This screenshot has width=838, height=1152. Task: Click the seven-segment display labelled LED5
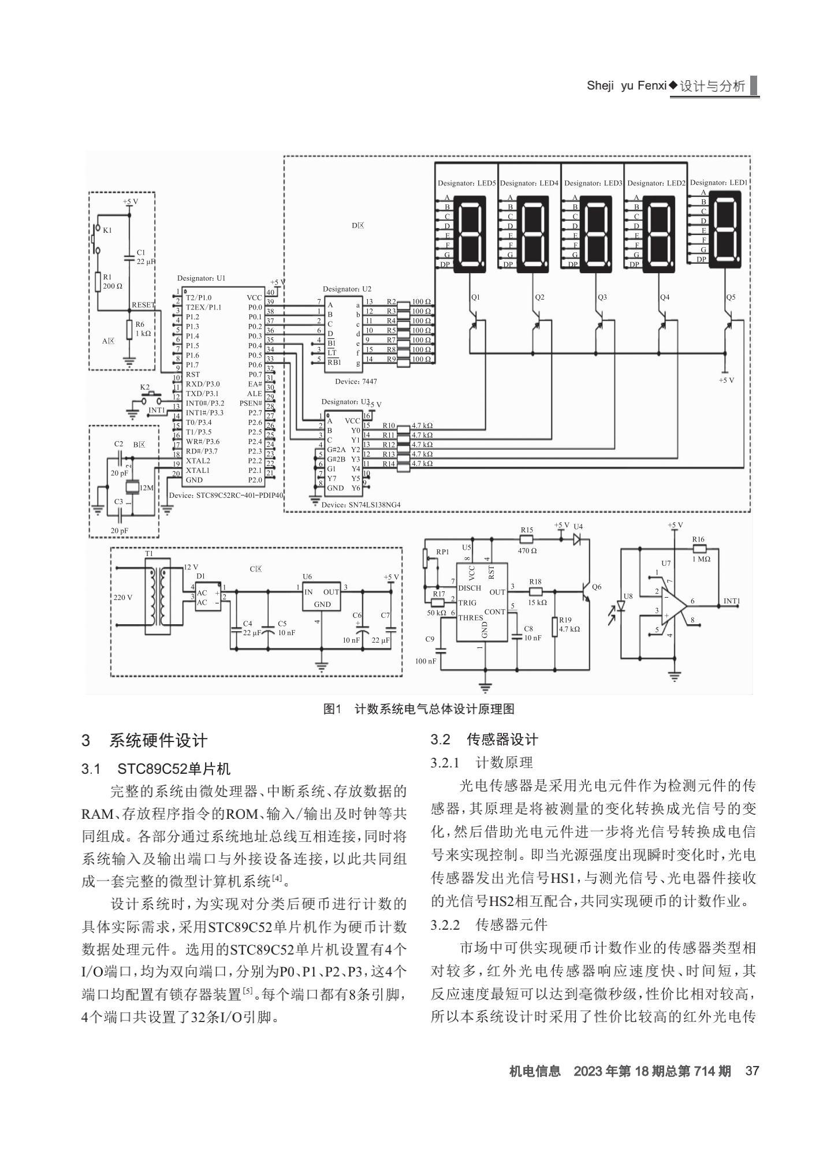[470, 233]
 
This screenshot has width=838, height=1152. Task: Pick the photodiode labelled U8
[621, 606]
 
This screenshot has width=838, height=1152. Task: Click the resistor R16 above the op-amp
[699, 549]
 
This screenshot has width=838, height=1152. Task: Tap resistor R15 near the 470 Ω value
[527, 539]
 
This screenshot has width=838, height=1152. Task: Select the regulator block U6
[322, 598]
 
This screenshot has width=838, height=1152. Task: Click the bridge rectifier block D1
[209, 598]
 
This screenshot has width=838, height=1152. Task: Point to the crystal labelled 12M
[133, 488]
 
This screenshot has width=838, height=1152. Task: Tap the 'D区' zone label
[357, 226]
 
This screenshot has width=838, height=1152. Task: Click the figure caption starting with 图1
[419, 709]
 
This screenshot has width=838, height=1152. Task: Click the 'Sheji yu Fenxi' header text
[627, 86]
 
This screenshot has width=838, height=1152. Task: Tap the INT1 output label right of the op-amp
[731, 601]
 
